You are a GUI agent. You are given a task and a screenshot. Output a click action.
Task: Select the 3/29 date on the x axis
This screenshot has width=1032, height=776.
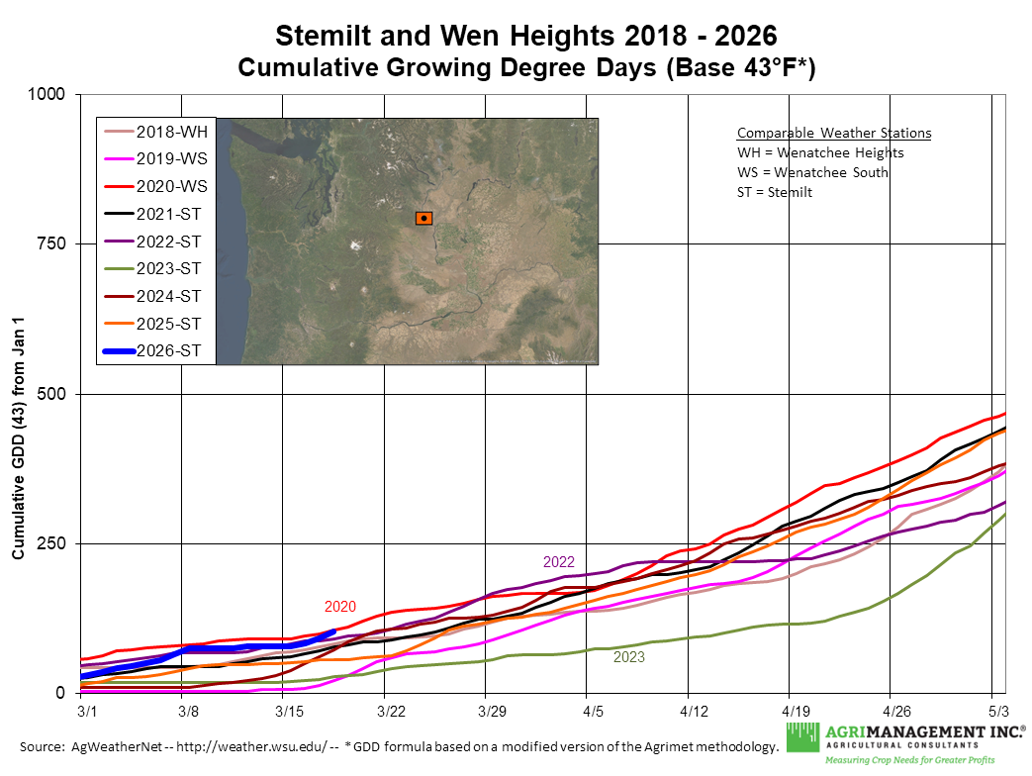coord(492,712)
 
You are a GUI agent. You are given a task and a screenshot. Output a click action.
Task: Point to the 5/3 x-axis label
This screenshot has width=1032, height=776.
coord(998,712)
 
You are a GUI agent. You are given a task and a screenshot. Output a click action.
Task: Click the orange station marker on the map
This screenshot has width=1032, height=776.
coord(423,218)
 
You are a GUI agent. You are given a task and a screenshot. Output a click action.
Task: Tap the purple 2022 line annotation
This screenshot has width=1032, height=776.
coord(559,561)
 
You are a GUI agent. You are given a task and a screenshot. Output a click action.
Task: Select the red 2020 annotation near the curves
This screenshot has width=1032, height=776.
coord(339,607)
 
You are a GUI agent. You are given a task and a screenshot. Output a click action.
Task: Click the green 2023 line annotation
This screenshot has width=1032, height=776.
coord(629,655)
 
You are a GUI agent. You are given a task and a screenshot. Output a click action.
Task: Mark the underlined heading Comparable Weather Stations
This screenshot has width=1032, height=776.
coord(833,134)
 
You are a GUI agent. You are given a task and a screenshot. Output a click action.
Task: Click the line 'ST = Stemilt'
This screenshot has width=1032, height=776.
coord(775,192)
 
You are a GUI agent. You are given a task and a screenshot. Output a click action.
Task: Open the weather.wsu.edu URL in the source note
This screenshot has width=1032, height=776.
coord(244,745)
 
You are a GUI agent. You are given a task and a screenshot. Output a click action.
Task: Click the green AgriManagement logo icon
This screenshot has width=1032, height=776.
coord(803,738)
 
